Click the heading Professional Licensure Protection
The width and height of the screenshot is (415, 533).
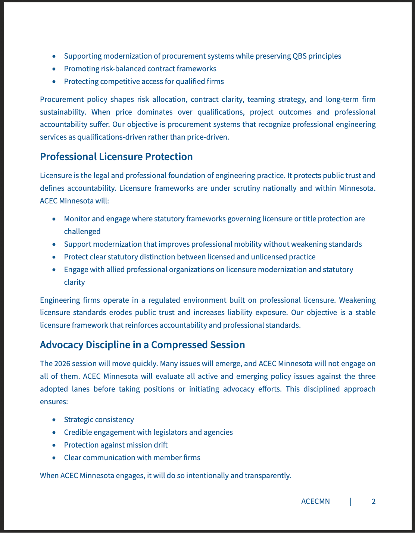coord(116,157)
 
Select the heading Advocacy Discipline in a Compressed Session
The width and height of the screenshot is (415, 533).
coord(142,345)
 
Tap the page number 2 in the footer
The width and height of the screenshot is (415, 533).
coord(374,501)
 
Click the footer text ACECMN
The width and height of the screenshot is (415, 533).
coord(315,501)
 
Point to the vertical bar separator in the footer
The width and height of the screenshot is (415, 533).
coord(350,501)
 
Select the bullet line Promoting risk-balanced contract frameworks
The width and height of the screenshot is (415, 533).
coord(140,69)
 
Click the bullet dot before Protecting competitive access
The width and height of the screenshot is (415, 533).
coord(54,81)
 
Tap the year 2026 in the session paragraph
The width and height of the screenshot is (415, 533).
coord(62,364)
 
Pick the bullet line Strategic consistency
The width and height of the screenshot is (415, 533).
coord(99,420)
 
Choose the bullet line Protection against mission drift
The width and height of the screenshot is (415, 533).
coord(116,445)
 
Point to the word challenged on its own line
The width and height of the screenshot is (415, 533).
coord(82,231)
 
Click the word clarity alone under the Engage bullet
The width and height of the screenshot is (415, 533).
coord(74,282)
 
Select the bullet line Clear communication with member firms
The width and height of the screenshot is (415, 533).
coord(132,458)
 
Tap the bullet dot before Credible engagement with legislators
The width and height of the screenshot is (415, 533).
coord(54,432)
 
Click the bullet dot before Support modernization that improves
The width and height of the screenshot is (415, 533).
coord(54,244)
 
